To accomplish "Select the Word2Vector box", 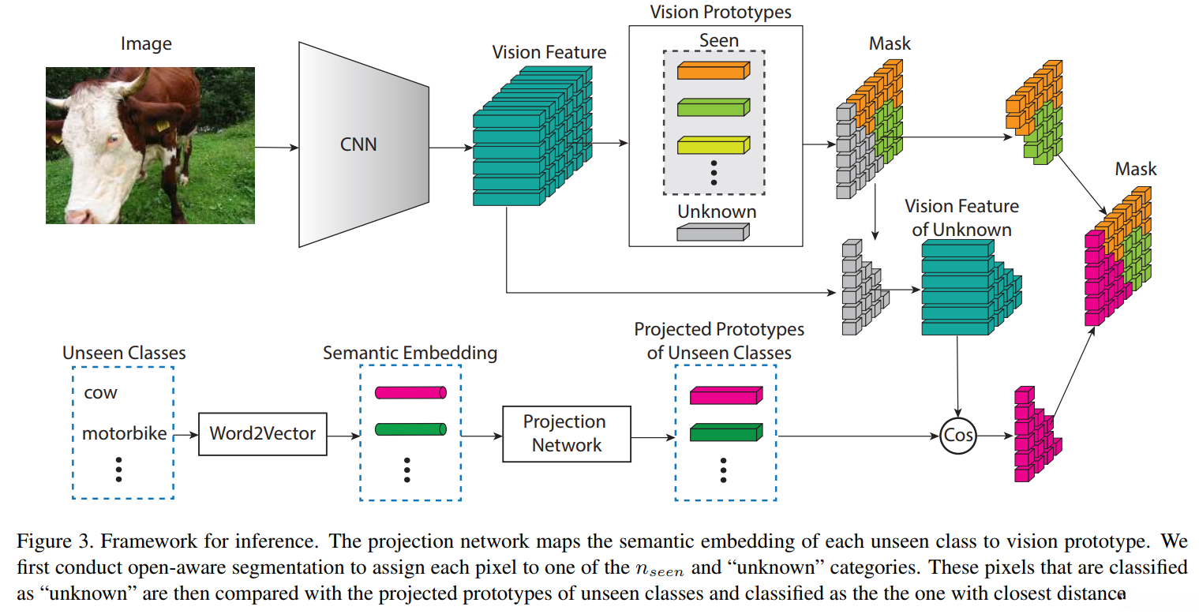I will point(262,433).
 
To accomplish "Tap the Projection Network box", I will point(567,433).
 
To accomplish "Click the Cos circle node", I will point(958,435).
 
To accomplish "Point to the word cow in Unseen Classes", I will point(100,393).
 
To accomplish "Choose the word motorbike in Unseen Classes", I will point(124,434).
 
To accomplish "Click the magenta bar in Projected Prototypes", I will point(724,395).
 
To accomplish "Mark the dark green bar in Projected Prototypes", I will point(724,432).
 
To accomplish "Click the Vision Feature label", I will point(549,53).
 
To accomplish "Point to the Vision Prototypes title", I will point(720,12).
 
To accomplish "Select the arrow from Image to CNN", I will point(276,148).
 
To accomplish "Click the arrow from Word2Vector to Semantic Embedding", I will point(343,435).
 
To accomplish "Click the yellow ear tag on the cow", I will point(163,125).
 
